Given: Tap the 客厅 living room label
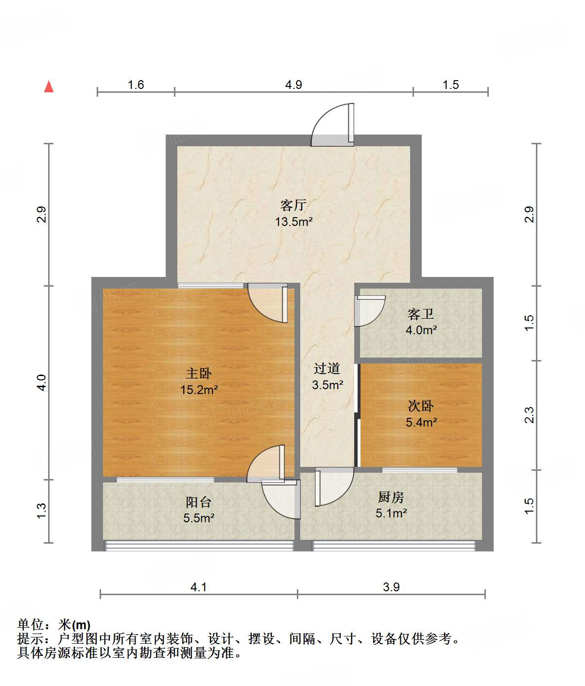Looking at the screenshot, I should click(x=293, y=205).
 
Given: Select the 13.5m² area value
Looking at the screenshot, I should click(x=293, y=222).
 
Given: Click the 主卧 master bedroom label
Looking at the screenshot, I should click(x=199, y=373).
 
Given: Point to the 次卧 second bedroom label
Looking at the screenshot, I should click(x=421, y=406).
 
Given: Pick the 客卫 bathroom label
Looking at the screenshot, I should click(x=421, y=314).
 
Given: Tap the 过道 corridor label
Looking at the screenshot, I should click(x=327, y=368).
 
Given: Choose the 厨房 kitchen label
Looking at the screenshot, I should click(x=391, y=497).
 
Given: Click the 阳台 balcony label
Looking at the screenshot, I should click(x=199, y=502).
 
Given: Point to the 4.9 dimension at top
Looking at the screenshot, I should click(x=293, y=85).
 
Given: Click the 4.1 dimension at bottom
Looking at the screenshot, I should click(x=198, y=587).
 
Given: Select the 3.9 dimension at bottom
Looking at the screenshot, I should click(x=391, y=587).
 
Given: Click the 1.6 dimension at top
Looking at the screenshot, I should click(x=136, y=85).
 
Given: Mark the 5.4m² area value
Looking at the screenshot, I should click(x=421, y=422).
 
